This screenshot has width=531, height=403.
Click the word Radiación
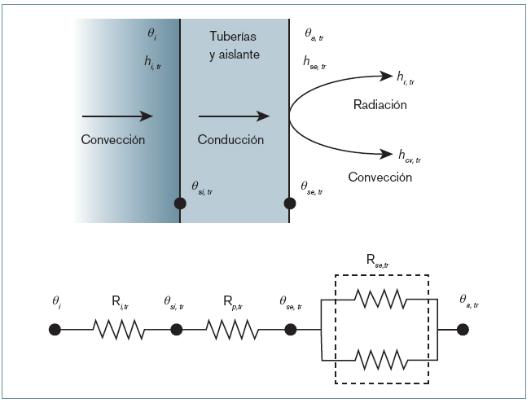[380, 105]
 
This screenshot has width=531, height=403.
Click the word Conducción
[230, 140]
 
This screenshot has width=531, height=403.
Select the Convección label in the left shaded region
[113, 140]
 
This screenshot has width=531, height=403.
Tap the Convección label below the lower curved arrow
[380, 177]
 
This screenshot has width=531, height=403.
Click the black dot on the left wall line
[180, 203]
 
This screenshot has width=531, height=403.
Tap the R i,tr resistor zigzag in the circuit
[120, 331]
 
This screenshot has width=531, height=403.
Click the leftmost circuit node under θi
[55, 331]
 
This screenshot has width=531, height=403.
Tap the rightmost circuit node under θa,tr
[463, 331]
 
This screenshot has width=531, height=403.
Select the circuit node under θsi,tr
[177, 331]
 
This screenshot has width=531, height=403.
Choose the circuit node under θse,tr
[291, 331]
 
